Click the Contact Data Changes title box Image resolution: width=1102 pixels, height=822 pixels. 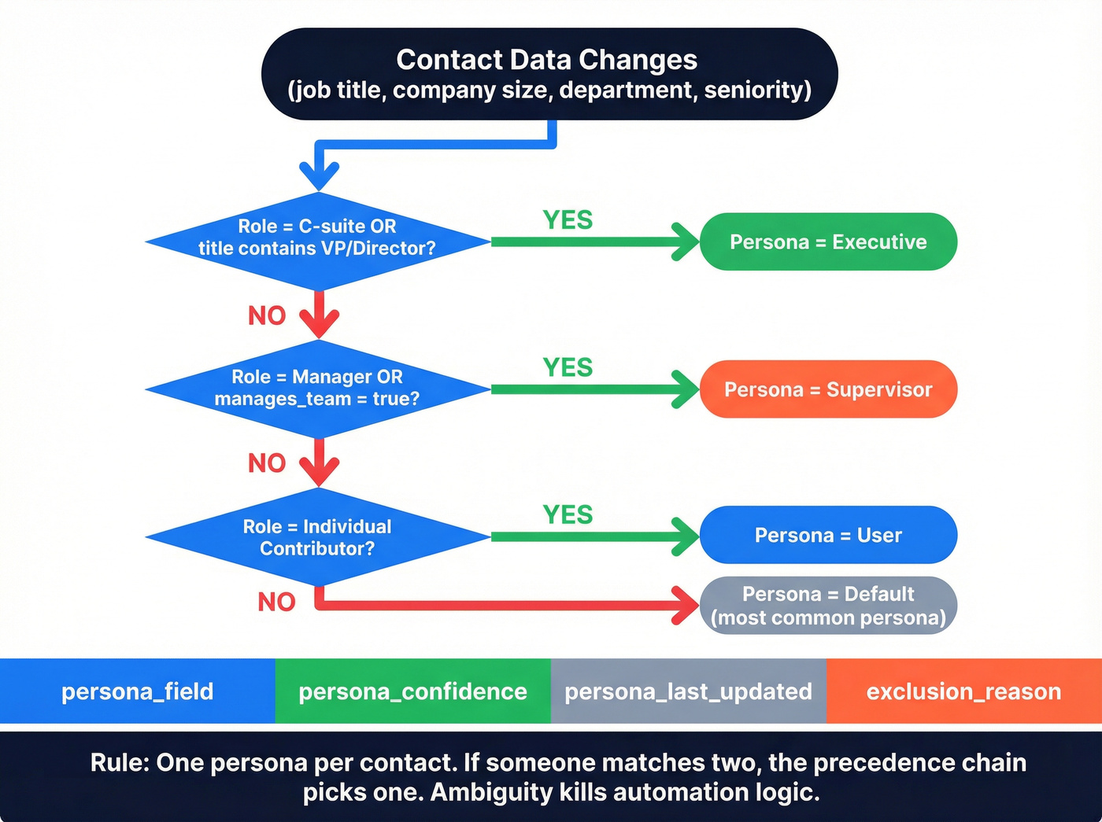[549, 74]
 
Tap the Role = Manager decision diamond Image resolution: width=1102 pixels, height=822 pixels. [318, 389]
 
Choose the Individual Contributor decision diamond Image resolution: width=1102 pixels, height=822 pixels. [318, 537]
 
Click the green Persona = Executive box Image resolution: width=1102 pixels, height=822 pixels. [828, 241]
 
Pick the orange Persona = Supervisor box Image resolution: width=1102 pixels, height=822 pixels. [828, 389]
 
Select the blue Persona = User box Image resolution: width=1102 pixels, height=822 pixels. [828, 535]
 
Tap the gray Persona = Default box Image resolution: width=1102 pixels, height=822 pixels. [828, 606]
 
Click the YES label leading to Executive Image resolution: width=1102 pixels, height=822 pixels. [568, 220]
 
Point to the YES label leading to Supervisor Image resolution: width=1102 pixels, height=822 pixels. [568, 367]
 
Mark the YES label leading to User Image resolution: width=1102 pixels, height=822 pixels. [568, 514]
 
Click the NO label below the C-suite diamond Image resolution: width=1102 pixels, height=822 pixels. [267, 315]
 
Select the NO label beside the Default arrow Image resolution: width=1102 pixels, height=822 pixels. [276, 602]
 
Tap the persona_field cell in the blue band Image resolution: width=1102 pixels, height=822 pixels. [138, 691]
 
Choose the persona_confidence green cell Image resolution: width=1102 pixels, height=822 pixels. [412, 691]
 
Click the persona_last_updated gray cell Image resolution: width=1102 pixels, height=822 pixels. [688, 691]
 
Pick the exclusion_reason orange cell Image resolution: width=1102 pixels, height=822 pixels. [963, 691]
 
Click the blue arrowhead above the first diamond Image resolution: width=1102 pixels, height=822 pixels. [319, 175]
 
